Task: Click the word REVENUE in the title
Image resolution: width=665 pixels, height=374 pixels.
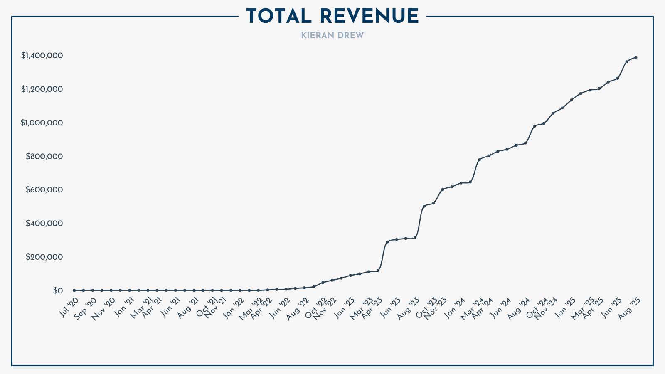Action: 369,17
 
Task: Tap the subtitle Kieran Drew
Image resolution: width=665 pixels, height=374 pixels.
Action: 332,36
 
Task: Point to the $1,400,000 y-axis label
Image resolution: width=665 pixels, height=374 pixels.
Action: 42,56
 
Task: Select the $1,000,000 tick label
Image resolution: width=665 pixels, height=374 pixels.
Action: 42,123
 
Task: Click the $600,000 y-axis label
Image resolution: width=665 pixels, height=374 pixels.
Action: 44,190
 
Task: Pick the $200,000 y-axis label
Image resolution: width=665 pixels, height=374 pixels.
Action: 44,257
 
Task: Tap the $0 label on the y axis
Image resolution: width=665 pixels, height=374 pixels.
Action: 58,291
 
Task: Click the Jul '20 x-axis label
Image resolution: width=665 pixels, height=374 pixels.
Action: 69,308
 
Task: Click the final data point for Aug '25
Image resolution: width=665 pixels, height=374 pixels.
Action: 636,57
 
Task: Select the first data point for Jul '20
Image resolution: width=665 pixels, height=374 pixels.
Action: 74,290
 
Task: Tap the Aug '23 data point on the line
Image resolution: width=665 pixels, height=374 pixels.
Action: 415,238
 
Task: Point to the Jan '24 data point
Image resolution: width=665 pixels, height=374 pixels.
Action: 461,183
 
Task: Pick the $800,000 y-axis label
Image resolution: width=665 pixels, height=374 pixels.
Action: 44,157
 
